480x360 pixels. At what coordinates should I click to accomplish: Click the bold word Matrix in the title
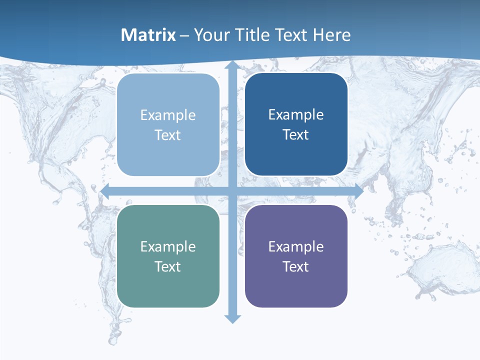[x=148, y=35]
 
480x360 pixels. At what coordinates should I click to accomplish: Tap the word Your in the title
[x=209, y=35]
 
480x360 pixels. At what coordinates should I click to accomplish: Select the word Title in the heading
[x=248, y=35]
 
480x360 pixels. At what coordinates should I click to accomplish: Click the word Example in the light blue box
[x=168, y=115]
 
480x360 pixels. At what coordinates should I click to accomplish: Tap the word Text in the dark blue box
[x=296, y=135]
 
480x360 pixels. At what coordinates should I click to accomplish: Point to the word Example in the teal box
[x=168, y=247]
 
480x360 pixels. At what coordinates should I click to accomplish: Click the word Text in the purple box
[x=296, y=267]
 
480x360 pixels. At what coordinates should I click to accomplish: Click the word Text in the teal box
[x=168, y=267]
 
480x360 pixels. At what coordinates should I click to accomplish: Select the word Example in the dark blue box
[x=296, y=115]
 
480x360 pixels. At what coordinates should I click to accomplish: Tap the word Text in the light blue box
[x=168, y=135]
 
